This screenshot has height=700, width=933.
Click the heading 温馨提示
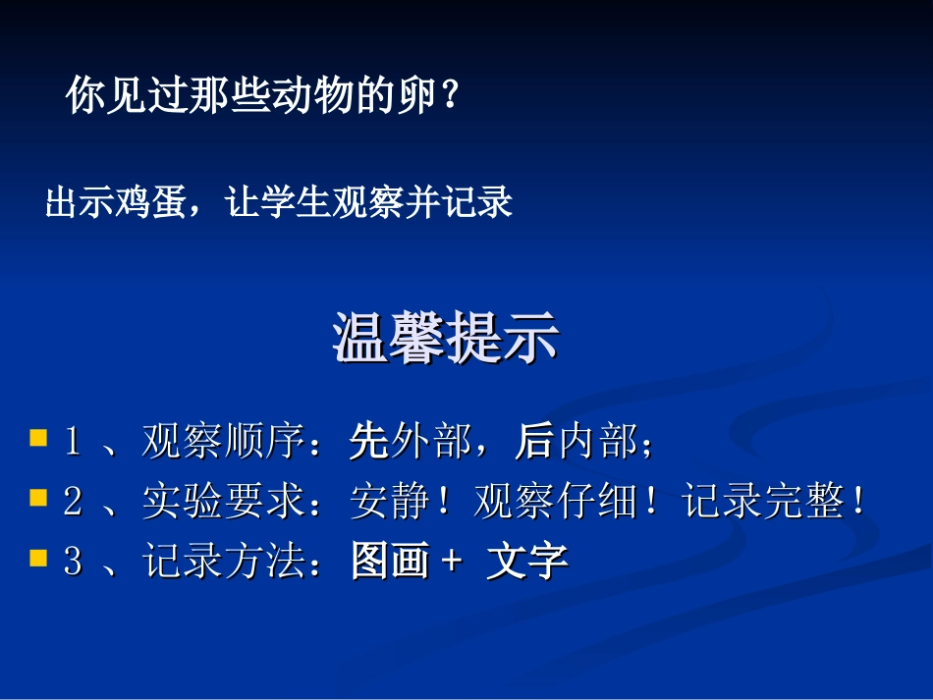(447, 340)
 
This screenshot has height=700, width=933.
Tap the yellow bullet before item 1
(38, 437)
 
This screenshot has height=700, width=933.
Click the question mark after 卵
(449, 96)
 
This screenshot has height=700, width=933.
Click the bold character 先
(368, 444)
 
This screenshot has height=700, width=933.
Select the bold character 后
(533, 444)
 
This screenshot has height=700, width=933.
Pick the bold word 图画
(390, 562)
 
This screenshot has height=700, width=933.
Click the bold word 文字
(527, 562)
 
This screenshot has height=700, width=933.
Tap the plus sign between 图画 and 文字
(453, 563)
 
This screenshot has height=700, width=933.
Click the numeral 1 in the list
(72, 444)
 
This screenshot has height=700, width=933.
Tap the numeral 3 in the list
(72, 563)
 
